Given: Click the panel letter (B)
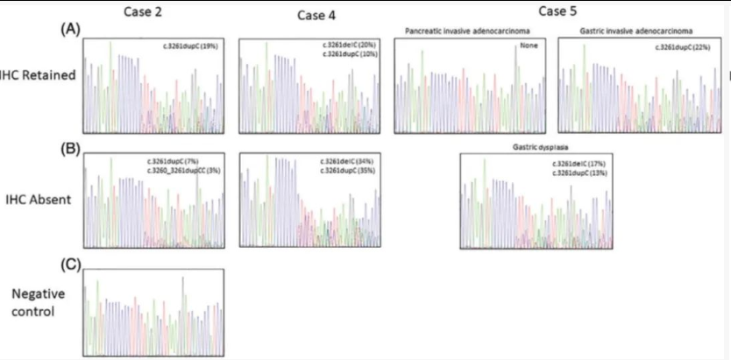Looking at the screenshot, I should (x=70, y=146).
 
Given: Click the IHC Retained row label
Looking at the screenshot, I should (x=38, y=76).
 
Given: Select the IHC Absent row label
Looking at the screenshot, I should (x=35, y=199).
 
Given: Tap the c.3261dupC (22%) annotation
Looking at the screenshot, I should (x=684, y=46).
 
